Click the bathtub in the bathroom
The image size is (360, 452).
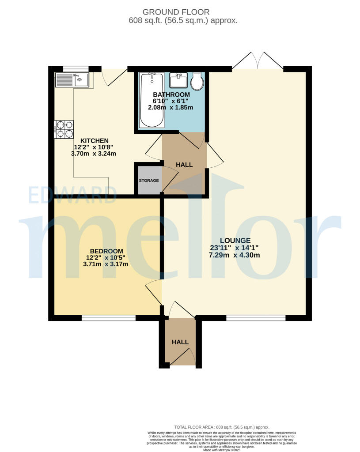pyautogui.click(x=152, y=101)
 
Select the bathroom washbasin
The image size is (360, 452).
pyautogui.click(x=178, y=80)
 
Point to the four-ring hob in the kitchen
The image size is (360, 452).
pyautogui.click(x=64, y=129)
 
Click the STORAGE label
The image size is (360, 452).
pyautogui.click(x=149, y=181)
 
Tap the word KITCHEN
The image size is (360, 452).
pyautogui.click(x=94, y=141)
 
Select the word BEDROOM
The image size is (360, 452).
pyautogui.click(x=106, y=251)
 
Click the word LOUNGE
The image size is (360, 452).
pyautogui.click(x=234, y=240)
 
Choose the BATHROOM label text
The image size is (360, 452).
pyautogui.click(x=171, y=94)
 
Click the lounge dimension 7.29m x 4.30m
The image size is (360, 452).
pyautogui.click(x=234, y=255)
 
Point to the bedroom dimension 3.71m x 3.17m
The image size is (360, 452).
pyautogui.click(x=106, y=264)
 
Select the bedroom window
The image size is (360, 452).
pyautogui.click(x=108, y=317)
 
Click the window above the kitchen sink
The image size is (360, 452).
pyautogui.click(x=75, y=68)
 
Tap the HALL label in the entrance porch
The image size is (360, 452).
pyautogui.click(x=180, y=342)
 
